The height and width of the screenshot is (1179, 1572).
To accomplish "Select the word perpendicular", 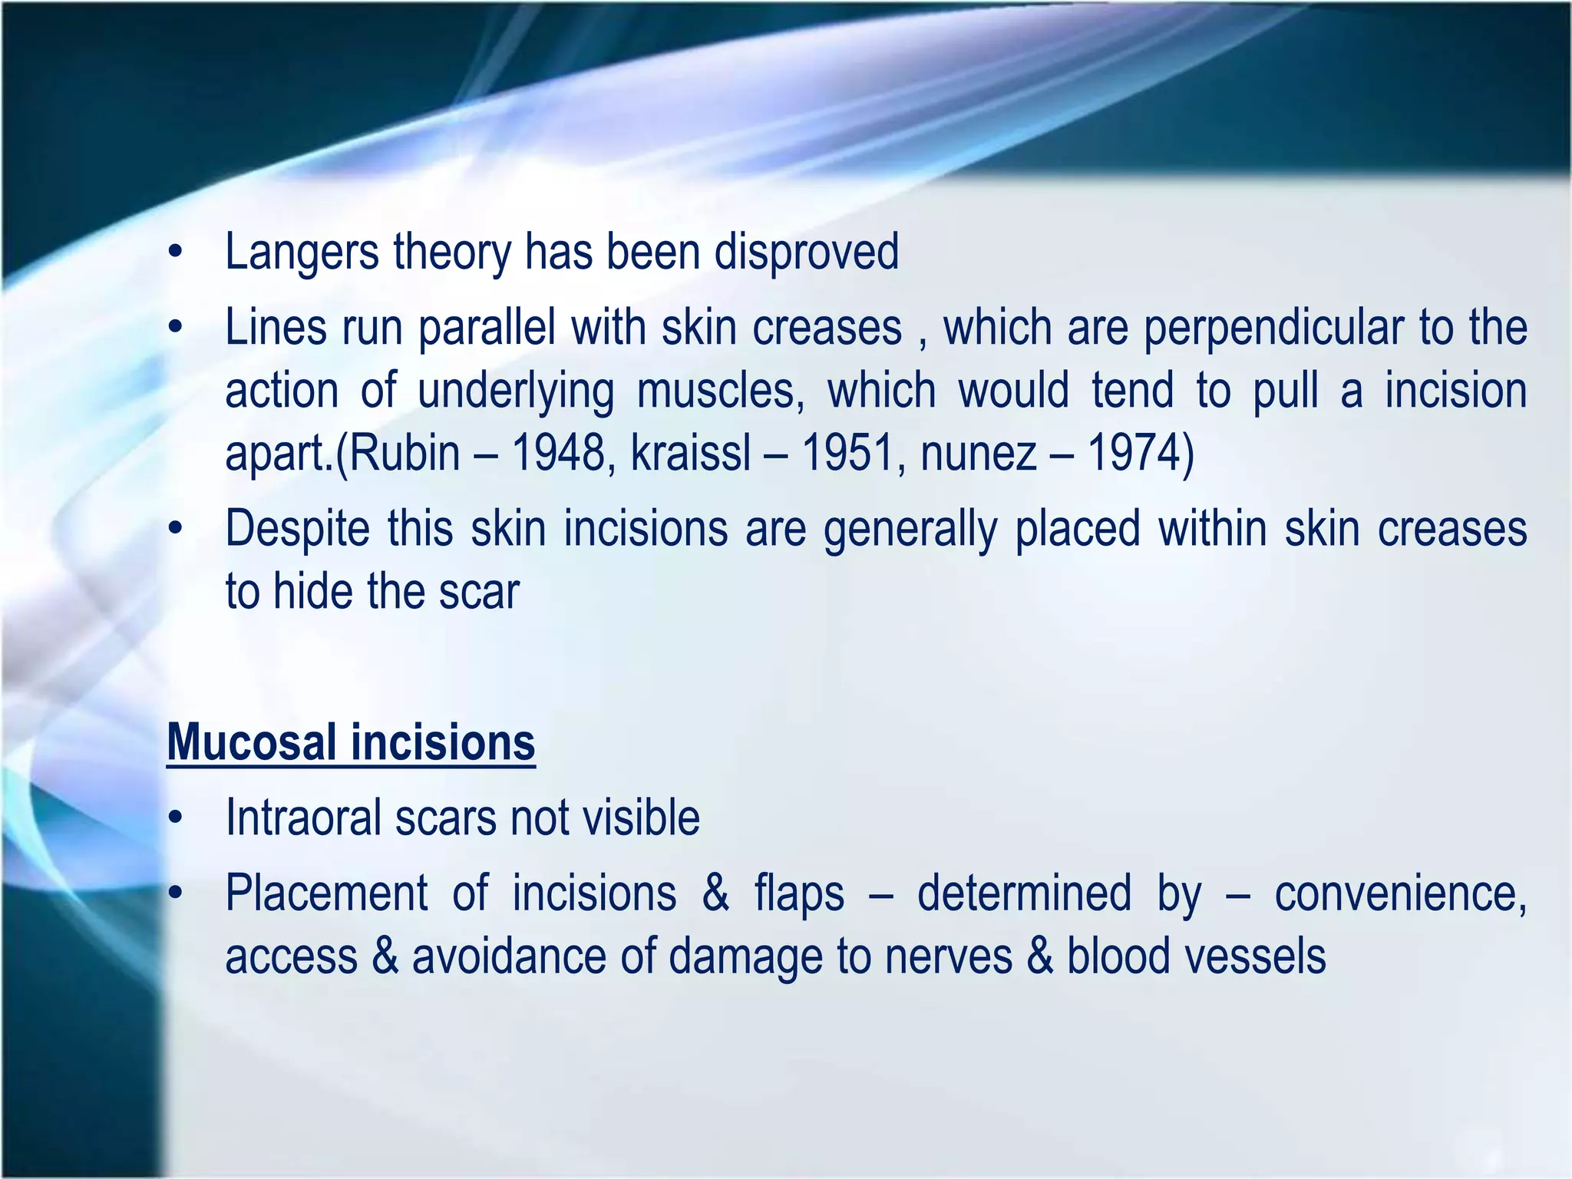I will pos(1274,329).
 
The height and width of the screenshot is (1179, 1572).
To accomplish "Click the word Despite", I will pos(297,530).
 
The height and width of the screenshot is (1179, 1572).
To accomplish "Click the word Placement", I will pos(326,894).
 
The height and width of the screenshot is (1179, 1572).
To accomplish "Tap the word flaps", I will pos(799,894).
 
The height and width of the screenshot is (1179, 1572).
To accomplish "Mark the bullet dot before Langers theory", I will pos(176,253).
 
